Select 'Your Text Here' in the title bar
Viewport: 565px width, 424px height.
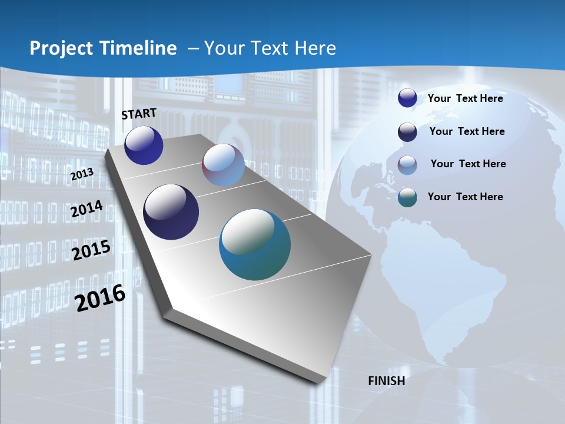pyautogui.click(x=270, y=48)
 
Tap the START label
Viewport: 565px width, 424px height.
pyautogui.click(x=139, y=114)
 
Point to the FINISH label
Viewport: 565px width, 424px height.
pyautogui.click(x=386, y=381)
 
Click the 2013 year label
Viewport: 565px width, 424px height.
pyautogui.click(x=82, y=174)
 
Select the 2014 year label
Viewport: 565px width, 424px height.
pyautogui.click(x=87, y=209)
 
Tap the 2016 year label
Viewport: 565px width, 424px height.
pyautogui.click(x=100, y=297)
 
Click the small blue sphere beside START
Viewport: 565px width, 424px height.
pyautogui.click(x=144, y=145)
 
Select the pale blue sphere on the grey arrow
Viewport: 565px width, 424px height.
pyautogui.click(x=224, y=165)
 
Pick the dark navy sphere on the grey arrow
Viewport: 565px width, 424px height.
pyautogui.click(x=171, y=212)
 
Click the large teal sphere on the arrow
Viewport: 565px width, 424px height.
pyautogui.click(x=255, y=244)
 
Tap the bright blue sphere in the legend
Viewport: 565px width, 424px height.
pyautogui.click(x=407, y=98)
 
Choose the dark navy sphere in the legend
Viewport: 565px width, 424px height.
pyautogui.click(x=407, y=132)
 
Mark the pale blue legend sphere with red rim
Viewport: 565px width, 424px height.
pyautogui.click(x=407, y=165)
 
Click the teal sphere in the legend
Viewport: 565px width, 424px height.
pyautogui.click(x=407, y=197)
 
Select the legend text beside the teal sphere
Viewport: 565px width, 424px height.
pyautogui.click(x=465, y=197)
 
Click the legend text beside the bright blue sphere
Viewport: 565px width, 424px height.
pyautogui.click(x=465, y=98)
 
